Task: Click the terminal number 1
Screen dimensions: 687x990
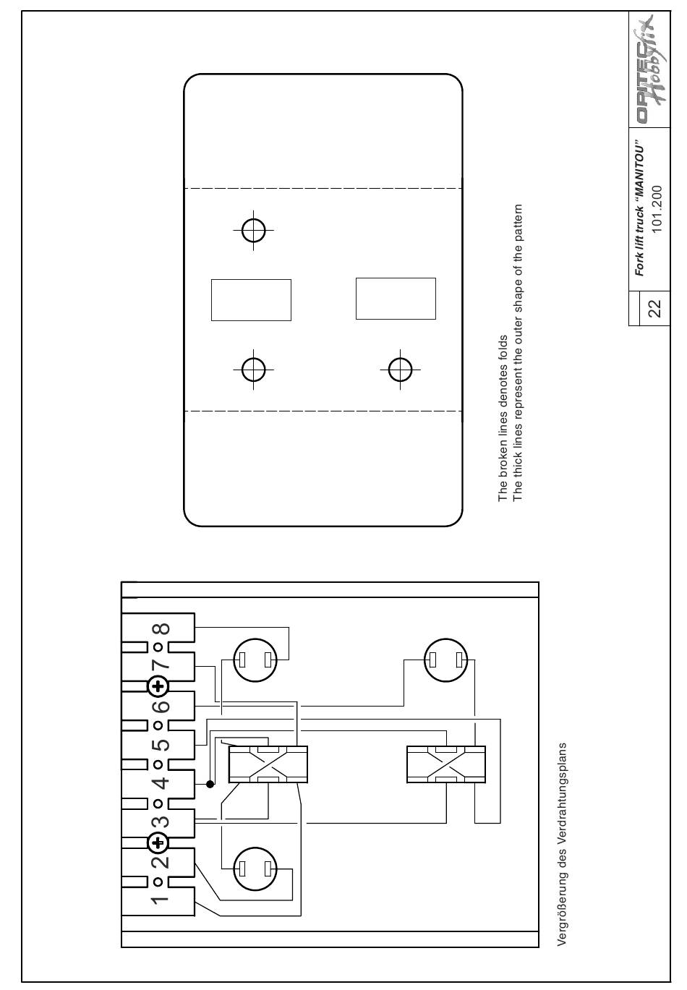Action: point(161,900)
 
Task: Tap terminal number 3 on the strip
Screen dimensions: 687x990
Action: point(161,822)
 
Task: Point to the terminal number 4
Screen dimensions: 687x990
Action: point(161,782)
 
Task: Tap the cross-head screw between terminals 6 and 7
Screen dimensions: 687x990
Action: point(158,685)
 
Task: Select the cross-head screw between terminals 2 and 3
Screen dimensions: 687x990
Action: point(158,842)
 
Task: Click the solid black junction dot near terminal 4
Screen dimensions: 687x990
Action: point(210,784)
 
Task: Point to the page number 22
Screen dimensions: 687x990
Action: point(654,309)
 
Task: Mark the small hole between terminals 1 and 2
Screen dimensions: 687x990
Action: point(157,882)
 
